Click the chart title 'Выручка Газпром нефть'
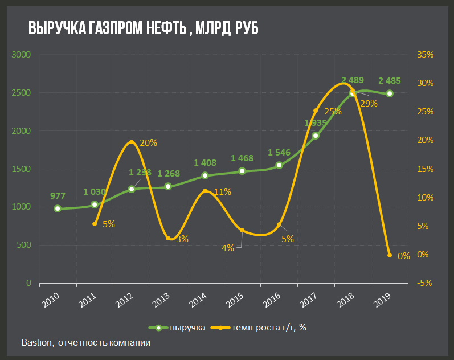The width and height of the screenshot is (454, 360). pos(143,28)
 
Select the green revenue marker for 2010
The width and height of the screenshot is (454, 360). pos(58,208)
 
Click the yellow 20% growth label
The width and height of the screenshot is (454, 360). pos(148,143)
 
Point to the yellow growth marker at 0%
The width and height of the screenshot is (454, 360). pos(390,255)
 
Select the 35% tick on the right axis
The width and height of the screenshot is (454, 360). pos(425,55)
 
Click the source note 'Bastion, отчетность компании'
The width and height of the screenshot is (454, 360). pos(86,343)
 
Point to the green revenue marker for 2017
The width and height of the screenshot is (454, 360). pos(316,136)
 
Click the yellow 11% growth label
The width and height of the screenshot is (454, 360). pos(222,192)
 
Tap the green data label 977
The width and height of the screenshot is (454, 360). pos(58,195)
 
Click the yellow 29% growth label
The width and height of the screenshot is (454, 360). pos(369,103)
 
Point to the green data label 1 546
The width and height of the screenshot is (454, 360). pos(279,153)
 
